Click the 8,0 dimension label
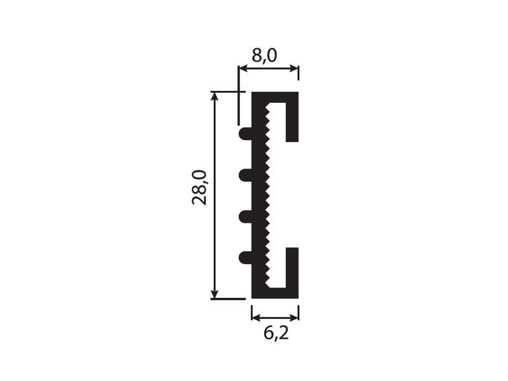pyautogui.click(x=264, y=56)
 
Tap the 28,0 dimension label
pyautogui.click(x=199, y=187)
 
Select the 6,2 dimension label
pyautogui.click(x=276, y=333)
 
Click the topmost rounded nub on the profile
pyautogui.click(x=245, y=133)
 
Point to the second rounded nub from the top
pyautogui.click(x=245, y=175)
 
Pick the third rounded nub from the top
pyautogui.click(x=245, y=216)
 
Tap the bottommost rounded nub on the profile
pyautogui.click(x=245, y=257)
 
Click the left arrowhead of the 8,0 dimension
pyautogui.click(x=243, y=69)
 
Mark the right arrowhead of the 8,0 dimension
pyautogui.click(x=293, y=69)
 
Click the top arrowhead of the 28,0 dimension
pyautogui.click(x=215, y=97)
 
